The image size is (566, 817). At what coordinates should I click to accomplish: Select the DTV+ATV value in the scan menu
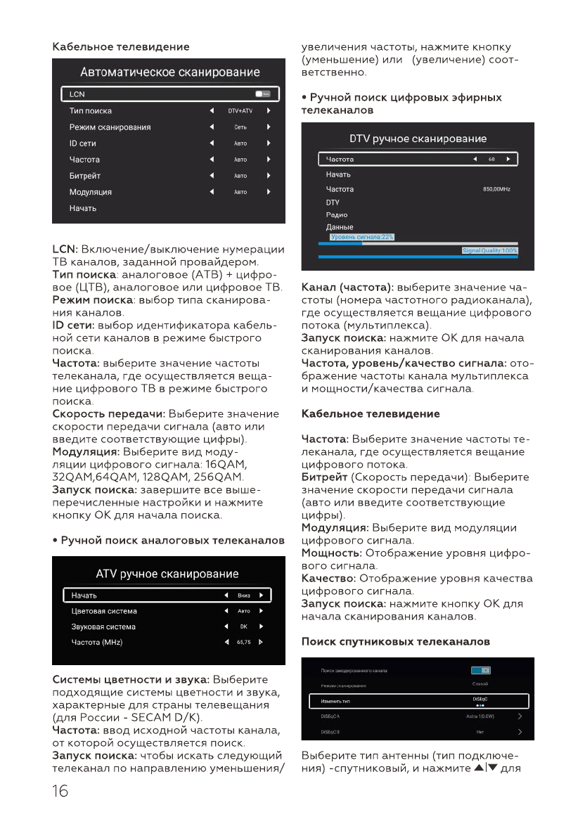pos(240,111)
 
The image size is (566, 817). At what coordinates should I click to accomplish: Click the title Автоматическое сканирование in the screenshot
pos(169,72)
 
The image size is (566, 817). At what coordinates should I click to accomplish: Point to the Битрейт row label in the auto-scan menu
pos(84,176)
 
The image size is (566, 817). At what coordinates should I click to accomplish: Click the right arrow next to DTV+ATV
pos(269,111)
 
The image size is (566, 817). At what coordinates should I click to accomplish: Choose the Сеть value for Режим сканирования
pos(240,127)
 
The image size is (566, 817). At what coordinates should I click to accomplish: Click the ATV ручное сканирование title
pos(167,574)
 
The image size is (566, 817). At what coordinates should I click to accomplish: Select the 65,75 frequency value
pos(243,642)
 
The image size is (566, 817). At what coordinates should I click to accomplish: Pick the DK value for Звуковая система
pos(243,626)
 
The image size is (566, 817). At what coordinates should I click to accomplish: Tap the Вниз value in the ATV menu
pos(244,596)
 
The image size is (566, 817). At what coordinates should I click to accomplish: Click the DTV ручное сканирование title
pos(418,139)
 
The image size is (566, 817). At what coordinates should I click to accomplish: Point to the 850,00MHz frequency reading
pos(496,190)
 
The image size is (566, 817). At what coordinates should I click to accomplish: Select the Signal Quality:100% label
pos(489,250)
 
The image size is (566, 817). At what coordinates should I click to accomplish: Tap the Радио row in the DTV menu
pos(337,214)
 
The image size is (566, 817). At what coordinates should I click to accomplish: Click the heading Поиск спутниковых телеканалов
pos(395,642)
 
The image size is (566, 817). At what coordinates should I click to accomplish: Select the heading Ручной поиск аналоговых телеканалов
pos(169,541)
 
